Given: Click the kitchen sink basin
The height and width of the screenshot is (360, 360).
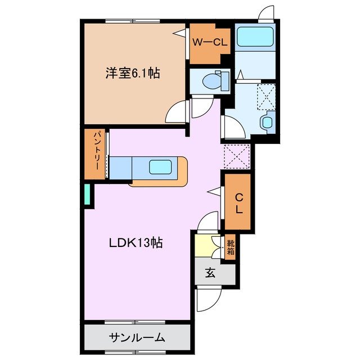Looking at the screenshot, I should [160, 166].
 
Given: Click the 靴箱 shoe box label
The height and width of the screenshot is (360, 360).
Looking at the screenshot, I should [231, 247].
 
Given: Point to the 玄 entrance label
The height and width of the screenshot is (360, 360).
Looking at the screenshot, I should [210, 274].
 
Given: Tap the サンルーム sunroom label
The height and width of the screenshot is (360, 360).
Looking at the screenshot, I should [137, 337].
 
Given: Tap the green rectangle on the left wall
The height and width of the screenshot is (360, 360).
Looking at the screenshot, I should [87, 194].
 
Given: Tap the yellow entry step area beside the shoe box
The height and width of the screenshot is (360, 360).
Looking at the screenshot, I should [204, 246].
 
